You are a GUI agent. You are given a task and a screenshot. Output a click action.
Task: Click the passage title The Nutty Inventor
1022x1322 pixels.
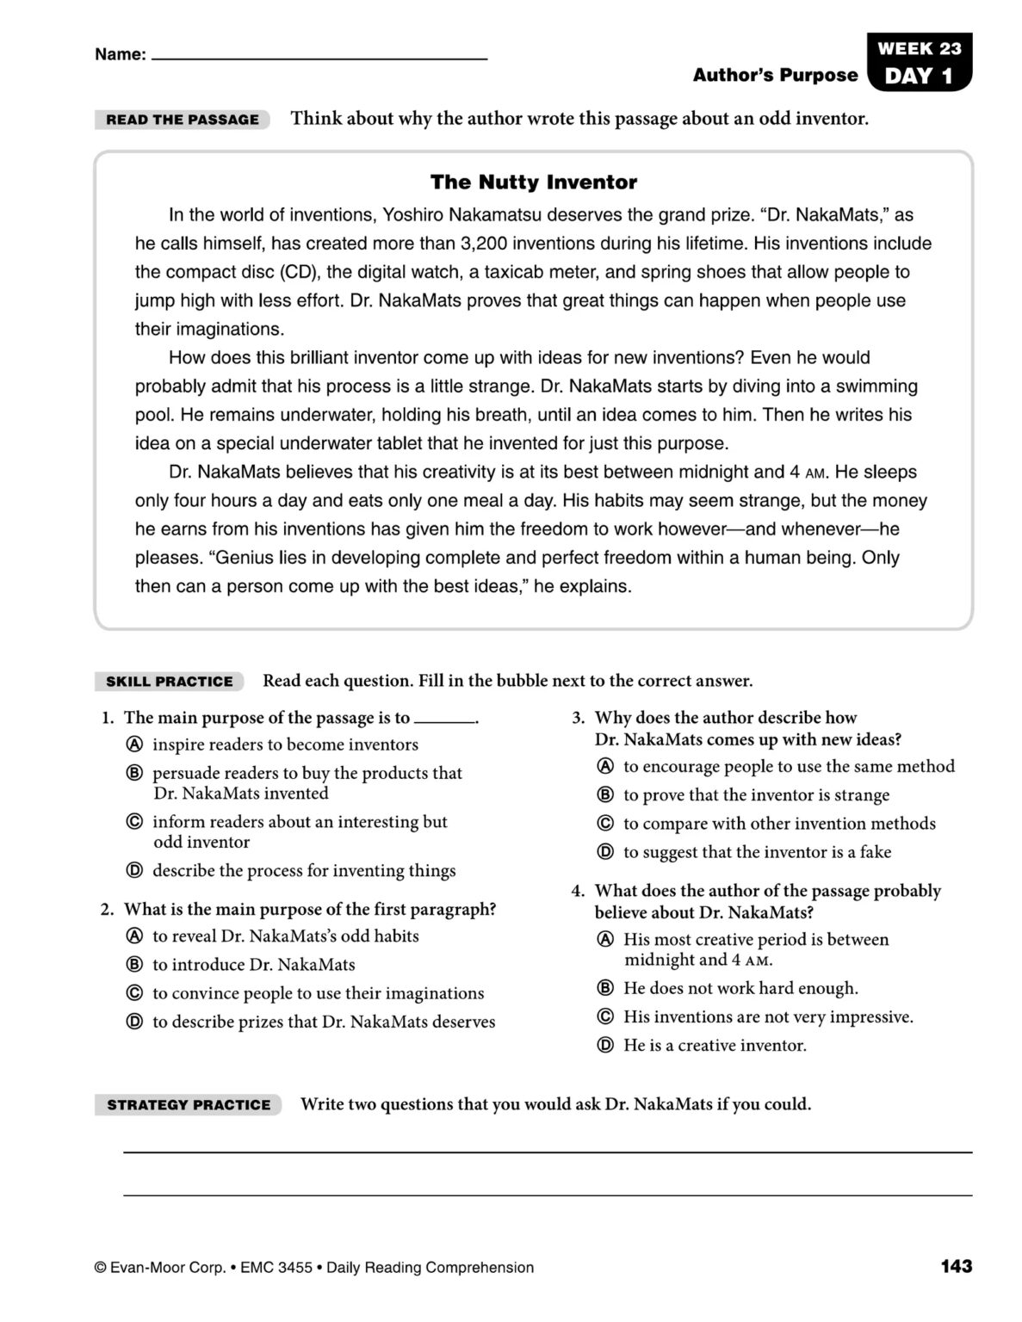tap(533, 182)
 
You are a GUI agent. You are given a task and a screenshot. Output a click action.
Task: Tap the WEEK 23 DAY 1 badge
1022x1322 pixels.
tap(919, 63)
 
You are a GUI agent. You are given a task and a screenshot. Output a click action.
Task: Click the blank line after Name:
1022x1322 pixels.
tap(319, 57)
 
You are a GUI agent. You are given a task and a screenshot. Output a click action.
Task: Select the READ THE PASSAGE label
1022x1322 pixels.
tap(183, 120)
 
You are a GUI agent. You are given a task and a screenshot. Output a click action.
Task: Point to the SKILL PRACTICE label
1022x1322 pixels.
tap(170, 682)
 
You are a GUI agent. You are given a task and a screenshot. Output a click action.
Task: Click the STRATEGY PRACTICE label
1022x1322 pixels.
tap(189, 1104)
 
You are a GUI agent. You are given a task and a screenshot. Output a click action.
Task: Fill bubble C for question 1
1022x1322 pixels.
tap(134, 822)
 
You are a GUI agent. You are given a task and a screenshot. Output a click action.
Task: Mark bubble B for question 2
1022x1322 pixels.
tap(134, 965)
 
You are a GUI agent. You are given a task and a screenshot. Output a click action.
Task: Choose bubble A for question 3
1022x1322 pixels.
tap(605, 766)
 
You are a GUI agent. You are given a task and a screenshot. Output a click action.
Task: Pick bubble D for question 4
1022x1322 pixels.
tap(605, 1046)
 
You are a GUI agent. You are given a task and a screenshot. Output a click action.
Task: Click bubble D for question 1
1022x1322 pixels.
tap(134, 871)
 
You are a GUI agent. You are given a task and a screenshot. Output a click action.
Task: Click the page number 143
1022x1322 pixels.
tap(956, 1266)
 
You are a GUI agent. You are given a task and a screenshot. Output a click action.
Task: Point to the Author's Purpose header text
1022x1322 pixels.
tap(775, 76)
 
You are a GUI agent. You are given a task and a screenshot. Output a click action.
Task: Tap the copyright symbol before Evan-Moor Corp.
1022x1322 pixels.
tap(101, 1268)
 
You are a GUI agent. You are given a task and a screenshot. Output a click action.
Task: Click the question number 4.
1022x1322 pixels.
tap(578, 891)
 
